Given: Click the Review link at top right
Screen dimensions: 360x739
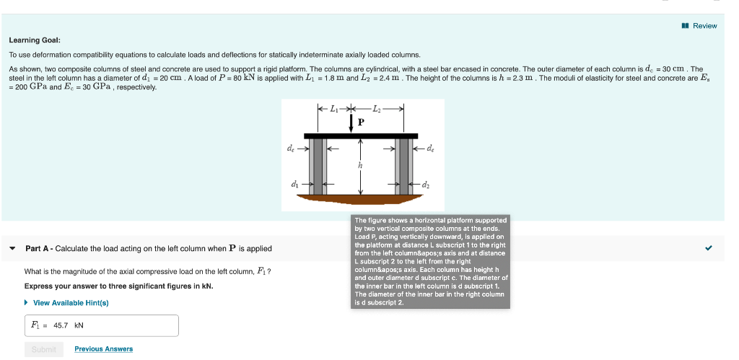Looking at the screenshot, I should click(699, 26).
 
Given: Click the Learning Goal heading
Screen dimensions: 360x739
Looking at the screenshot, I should click(35, 40).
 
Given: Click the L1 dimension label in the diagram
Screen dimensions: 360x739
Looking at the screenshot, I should click(333, 109).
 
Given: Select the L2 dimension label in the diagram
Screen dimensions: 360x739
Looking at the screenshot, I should click(377, 109).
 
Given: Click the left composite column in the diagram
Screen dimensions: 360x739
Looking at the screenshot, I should click(318, 166).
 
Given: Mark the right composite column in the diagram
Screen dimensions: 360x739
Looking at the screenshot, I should click(403, 166).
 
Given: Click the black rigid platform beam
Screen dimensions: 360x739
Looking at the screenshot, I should click(361, 136).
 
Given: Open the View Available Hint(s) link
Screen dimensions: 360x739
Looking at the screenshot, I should click(70, 303).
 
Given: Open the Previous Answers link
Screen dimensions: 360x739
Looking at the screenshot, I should click(103, 349).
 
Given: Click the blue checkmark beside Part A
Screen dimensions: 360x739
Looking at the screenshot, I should click(709, 248).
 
